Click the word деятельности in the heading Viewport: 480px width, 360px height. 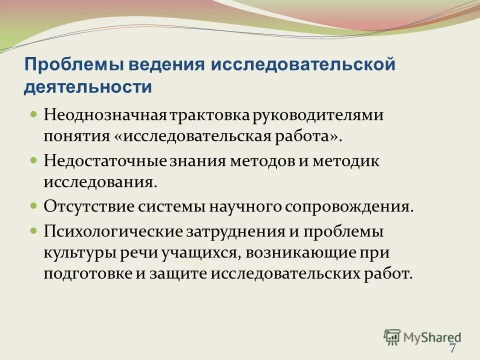(x=88, y=86)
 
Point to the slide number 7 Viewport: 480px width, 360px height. (x=452, y=348)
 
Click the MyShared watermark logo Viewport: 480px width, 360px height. (x=422, y=336)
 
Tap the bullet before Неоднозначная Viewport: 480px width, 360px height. (x=34, y=114)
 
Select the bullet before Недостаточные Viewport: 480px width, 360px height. (x=34, y=160)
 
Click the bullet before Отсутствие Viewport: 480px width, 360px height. (x=34, y=205)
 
